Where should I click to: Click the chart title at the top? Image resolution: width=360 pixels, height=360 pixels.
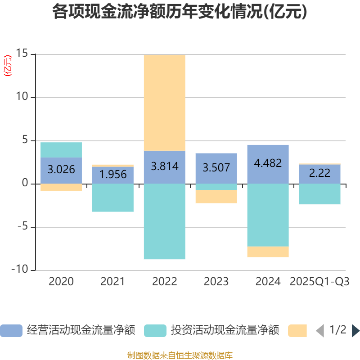tap(180, 12)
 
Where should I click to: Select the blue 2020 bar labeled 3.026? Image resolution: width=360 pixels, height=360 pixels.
tap(61, 170)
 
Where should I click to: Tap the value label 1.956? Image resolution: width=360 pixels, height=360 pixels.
tap(113, 174)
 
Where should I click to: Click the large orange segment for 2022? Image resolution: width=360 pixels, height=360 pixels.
tap(165, 103)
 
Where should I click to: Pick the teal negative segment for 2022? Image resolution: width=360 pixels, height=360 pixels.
tap(165, 221)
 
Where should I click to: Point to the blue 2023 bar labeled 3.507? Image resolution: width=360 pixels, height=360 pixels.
tap(216, 168)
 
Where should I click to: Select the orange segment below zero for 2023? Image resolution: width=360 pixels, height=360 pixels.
tap(216, 197)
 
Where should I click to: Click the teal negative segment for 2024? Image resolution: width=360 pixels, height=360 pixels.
tap(268, 215)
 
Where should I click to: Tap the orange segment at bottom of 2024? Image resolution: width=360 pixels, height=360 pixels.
tap(268, 252)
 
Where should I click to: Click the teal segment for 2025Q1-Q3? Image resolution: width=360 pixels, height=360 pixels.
tap(320, 194)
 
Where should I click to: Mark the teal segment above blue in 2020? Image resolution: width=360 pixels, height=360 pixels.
tap(61, 150)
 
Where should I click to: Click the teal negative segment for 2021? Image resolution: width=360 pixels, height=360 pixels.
tap(113, 198)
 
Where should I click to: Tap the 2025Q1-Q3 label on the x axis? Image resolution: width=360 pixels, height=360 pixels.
tap(320, 282)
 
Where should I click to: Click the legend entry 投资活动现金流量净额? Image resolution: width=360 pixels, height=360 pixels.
tap(211, 330)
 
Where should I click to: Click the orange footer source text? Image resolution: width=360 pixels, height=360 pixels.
tap(180, 355)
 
